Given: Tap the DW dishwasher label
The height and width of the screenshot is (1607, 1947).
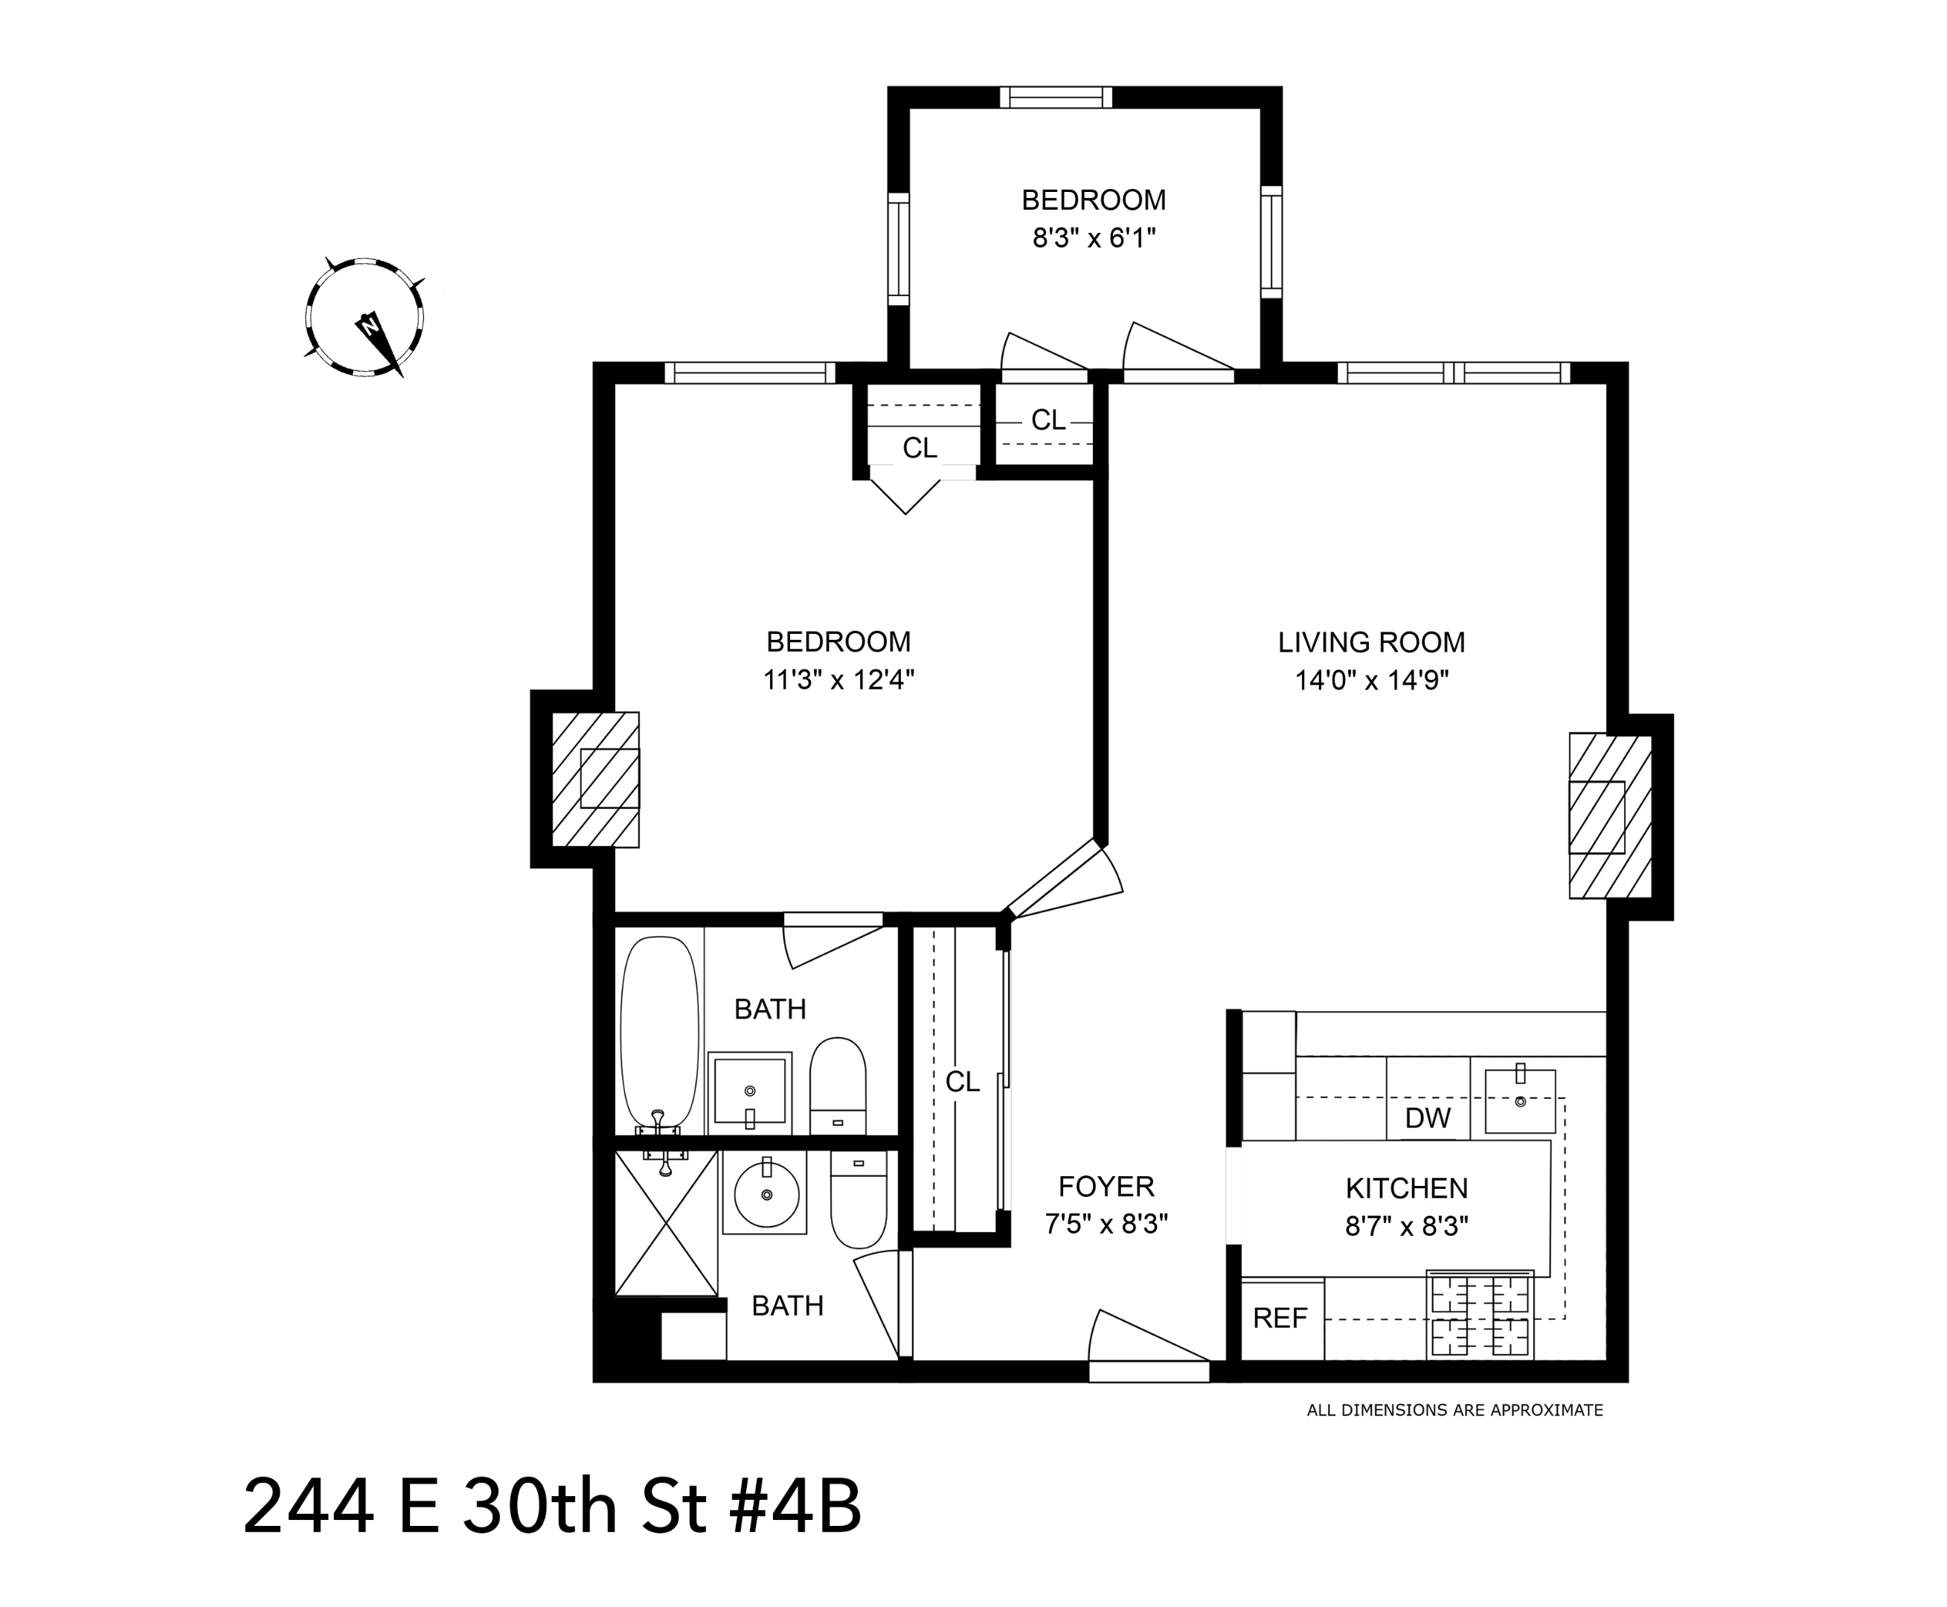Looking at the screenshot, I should pyautogui.click(x=1427, y=1118).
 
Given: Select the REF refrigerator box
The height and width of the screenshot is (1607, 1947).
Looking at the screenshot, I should pyautogui.click(x=1280, y=1318).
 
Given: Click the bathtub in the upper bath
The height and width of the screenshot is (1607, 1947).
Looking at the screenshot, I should pyautogui.click(x=658, y=1032).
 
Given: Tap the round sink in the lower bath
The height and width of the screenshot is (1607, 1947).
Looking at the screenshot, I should pyautogui.click(x=766, y=1194).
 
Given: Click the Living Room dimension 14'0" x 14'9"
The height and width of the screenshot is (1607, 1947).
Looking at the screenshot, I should pyautogui.click(x=1371, y=681).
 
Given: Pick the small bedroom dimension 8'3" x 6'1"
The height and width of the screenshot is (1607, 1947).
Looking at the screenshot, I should pyautogui.click(x=1094, y=239).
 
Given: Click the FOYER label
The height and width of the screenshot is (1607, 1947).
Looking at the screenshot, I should pyautogui.click(x=1106, y=1186).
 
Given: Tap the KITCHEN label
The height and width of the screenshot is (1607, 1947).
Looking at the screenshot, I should pyautogui.click(x=1405, y=1187).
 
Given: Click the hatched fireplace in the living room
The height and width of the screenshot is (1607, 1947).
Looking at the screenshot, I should pyautogui.click(x=1609, y=815).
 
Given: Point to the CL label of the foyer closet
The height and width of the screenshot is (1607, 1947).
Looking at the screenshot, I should pyautogui.click(x=962, y=1081).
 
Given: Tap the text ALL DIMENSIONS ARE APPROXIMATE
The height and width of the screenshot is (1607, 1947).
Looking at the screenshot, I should pyautogui.click(x=1454, y=1411).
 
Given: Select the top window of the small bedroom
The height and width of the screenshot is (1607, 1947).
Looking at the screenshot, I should pyautogui.click(x=1056, y=97).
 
